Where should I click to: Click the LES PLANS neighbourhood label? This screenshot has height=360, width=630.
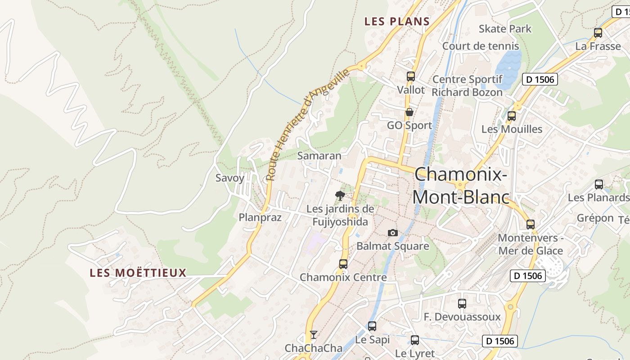coord(397,21)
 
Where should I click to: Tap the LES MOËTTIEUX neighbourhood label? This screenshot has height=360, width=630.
coord(138,273)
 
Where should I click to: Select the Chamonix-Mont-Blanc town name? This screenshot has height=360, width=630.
coord(461,185)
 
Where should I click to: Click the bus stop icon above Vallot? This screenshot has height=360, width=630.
coord(410,76)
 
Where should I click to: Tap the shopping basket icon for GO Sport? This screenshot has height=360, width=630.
coord(409,112)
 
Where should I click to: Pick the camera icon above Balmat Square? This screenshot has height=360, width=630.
coord(393,233)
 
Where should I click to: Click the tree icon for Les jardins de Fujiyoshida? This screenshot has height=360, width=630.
coord(340,195)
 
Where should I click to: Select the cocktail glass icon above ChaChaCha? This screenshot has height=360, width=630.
coord(314,335)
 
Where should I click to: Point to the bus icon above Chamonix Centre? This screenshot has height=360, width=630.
coord(343,264)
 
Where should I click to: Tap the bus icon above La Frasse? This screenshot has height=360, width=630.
coord(598,33)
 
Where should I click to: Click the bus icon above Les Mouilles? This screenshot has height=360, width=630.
coord(512,116)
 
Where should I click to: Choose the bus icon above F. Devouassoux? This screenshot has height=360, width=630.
coord(462,304)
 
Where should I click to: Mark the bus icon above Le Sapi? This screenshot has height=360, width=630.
coord(372,326)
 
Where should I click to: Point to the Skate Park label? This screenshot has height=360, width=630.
coord(505,29)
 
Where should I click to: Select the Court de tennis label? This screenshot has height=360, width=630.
coord(481,46)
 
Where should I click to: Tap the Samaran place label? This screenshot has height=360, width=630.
coord(319,156)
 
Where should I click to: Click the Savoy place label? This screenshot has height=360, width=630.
coord(229,178)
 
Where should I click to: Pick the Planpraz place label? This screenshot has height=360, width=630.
coord(260,218)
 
